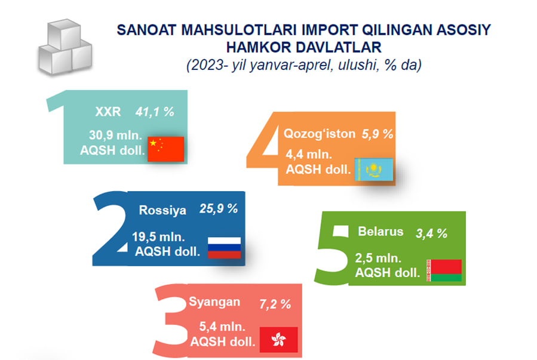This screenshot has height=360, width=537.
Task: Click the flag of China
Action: click(165, 149)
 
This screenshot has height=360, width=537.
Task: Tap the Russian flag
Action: click(225, 248)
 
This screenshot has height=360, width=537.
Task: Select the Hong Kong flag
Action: click(278, 340)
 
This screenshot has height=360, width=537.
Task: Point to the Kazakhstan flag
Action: click(374, 170)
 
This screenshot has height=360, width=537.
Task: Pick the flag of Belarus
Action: click(444, 270)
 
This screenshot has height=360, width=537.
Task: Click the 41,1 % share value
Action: click(155, 112)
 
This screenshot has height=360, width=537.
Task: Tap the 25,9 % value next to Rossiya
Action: click(219, 209)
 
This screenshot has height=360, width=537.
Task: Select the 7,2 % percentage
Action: click(275, 304)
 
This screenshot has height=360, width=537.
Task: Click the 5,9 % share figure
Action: click(378, 134)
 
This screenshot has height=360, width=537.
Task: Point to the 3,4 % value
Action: click(431, 233)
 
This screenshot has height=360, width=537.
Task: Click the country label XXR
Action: click(108, 112)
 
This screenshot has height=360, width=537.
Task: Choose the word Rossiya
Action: click(162, 210)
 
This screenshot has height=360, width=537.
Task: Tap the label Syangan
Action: click(214, 302)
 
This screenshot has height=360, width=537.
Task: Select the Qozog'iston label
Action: click(320, 134)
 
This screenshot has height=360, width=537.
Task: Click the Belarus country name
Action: click(380, 232)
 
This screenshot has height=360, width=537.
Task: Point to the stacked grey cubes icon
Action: click(65, 47)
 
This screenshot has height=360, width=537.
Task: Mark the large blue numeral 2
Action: click(111, 228)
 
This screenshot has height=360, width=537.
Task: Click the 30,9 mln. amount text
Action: click(115, 135)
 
